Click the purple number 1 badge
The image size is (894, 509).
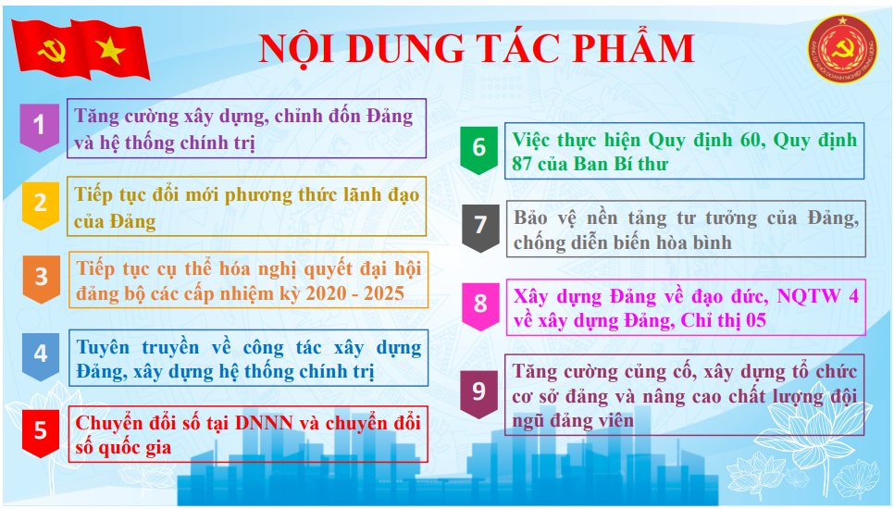pyautogui.click(x=40, y=127)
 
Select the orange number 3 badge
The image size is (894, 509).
pyautogui.click(x=42, y=279)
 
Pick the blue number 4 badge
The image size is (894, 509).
pyautogui.click(x=41, y=356)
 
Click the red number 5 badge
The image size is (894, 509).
pyautogui.click(x=41, y=432)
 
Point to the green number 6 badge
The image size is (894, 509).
pyautogui.click(x=479, y=149)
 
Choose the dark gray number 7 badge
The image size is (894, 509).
pyautogui.click(x=480, y=228)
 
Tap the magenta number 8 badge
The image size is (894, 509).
pyautogui.click(x=480, y=306)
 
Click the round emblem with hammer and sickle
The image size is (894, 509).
pyautogui.click(x=842, y=48)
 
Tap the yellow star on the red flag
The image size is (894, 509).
pyautogui.click(x=110, y=50)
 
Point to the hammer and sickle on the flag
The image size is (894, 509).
pyautogui.click(x=51, y=51)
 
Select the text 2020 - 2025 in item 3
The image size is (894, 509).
pyautogui.click(x=354, y=293)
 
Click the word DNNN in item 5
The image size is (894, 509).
pyautogui.click(x=264, y=423)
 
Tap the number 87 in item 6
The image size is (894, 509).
pyautogui.click(x=522, y=164)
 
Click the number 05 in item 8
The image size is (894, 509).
pyautogui.click(x=755, y=321)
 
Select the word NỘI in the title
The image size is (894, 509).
pyautogui.click(x=296, y=48)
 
